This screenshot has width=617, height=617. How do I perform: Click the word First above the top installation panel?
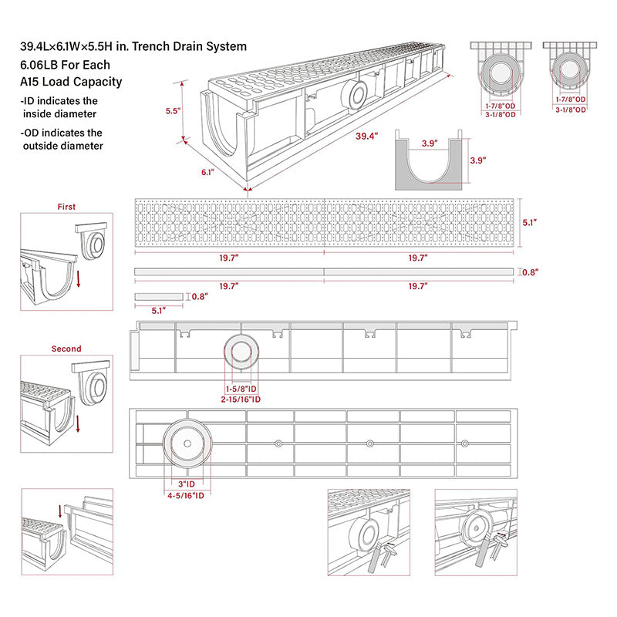click(66, 207)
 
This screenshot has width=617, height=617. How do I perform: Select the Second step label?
click(66, 349)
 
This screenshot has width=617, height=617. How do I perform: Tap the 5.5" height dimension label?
click(173, 111)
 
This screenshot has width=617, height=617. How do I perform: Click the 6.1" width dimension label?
click(207, 173)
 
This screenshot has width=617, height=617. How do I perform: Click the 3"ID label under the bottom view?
click(187, 485)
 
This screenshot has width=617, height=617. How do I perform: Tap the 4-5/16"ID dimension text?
click(187, 495)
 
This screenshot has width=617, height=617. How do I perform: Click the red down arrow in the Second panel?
click(78, 422)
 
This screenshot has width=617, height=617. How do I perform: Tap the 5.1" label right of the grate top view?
click(529, 222)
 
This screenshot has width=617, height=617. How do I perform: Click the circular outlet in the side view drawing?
click(239, 354)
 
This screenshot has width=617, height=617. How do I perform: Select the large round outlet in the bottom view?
click(186, 444)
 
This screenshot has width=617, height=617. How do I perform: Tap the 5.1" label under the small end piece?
click(159, 311)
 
